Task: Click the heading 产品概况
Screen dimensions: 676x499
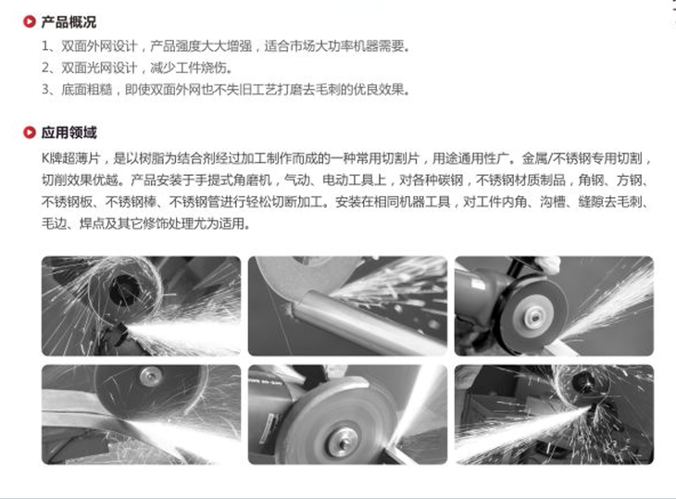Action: [69, 21]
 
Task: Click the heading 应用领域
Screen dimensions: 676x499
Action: [69, 132]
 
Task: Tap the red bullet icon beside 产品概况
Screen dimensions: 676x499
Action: [30, 21]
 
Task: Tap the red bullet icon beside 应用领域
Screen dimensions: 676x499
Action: [30, 132]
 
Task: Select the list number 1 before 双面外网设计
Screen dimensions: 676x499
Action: [45, 45]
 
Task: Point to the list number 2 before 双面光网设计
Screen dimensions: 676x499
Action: [45, 68]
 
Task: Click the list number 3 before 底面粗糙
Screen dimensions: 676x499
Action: [45, 90]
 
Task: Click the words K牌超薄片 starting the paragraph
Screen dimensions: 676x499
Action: [70, 158]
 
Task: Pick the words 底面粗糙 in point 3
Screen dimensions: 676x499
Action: [87, 90]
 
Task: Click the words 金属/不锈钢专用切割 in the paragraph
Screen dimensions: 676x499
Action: [582, 158]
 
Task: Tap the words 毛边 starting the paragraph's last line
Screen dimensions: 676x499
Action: [54, 224]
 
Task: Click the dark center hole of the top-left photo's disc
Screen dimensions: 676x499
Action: [125, 289]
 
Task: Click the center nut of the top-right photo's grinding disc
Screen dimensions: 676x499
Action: [534, 318]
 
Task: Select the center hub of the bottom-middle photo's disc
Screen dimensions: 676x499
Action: [343, 441]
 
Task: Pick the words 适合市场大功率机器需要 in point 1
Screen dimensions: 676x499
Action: [336, 45]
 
